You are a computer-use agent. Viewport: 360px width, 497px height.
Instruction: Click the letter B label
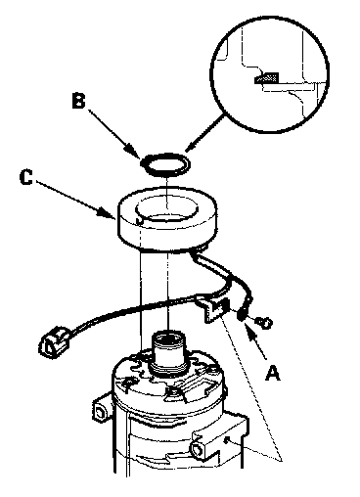tap(78, 101)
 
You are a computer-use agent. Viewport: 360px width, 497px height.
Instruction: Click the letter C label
tap(25, 177)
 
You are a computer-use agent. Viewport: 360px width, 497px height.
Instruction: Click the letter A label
tap(273, 373)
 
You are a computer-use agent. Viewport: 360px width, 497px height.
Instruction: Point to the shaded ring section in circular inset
tap(267, 77)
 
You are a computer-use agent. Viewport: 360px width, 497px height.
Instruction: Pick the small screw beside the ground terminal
tap(265, 323)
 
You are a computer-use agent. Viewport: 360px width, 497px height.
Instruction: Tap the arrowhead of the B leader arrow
tap(138, 155)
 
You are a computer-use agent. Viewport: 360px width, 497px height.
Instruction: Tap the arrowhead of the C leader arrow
tap(111, 215)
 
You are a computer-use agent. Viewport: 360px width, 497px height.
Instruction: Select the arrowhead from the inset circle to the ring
tap(189, 149)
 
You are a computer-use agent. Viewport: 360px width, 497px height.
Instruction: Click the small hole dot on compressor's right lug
tap(228, 440)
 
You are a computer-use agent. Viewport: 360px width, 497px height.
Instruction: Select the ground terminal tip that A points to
tap(241, 315)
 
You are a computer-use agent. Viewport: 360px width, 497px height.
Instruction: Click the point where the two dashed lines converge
tap(282, 460)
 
